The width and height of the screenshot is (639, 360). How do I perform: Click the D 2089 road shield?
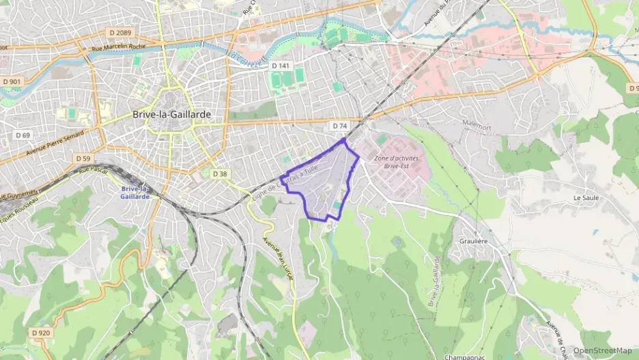click(x=119, y=32)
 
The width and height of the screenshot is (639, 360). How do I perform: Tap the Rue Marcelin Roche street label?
click(x=119, y=46)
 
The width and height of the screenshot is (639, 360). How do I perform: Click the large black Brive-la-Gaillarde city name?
click(x=171, y=115)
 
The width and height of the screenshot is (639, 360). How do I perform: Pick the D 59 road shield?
click(x=83, y=158)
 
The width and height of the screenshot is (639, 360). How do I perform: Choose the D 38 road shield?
click(x=219, y=174)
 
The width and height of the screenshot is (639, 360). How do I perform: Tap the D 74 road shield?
click(x=339, y=126)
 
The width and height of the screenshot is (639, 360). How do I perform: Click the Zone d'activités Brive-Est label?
click(x=396, y=162)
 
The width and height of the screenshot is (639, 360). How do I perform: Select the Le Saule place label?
click(x=586, y=197)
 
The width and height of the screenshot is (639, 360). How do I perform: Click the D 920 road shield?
click(x=41, y=333)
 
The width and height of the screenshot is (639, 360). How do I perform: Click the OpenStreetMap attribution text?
click(x=603, y=350)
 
